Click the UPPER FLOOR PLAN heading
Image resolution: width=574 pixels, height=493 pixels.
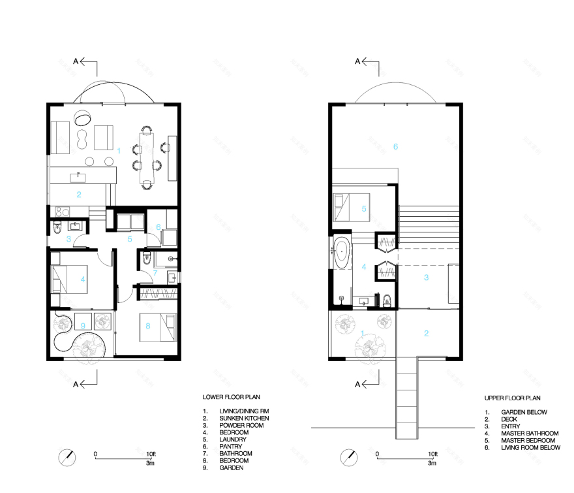pos(513,397)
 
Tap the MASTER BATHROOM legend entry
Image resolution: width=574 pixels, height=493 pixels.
pos(529,433)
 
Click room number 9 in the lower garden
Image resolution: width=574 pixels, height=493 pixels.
pos(83,325)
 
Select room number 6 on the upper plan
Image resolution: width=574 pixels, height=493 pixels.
pos(395,146)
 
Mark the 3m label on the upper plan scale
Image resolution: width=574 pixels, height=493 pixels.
pos(432,463)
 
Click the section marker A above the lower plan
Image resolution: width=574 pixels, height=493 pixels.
pos(76,62)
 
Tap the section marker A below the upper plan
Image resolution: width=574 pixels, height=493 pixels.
pos(357,385)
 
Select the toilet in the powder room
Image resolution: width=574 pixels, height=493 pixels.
pos(57,228)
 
